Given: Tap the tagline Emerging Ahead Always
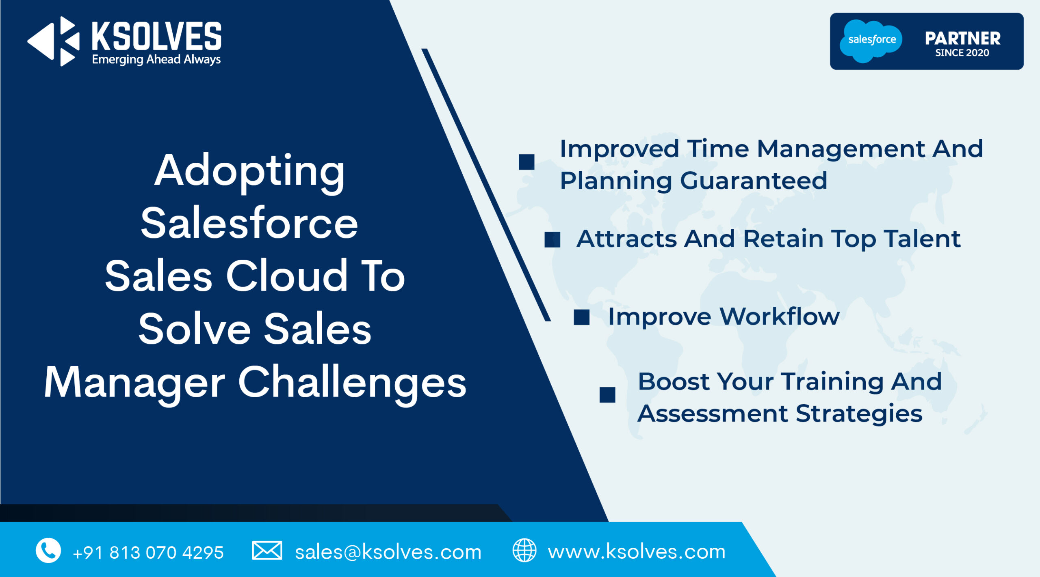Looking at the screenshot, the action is click(156, 60).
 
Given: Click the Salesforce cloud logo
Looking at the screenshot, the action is click(871, 41).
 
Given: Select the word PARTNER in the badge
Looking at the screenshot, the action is click(962, 39).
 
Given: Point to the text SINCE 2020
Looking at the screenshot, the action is click(962, 53).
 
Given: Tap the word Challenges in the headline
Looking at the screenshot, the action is click(352, 383).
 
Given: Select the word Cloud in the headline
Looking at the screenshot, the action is click(287, 276).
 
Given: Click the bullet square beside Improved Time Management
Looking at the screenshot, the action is click(526, 162).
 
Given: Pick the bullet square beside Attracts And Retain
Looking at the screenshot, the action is click(552, 239).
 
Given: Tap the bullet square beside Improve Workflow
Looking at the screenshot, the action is click(582, 317).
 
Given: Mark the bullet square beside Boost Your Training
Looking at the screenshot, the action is click(607, 395).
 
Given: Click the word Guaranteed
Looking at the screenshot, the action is click(754, 181).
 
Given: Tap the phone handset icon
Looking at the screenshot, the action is click(48, 551).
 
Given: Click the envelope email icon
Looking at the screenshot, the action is click(267, 551).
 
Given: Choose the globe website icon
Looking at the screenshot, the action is click(524, 550).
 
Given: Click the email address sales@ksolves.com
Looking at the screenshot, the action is click(388, 552).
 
